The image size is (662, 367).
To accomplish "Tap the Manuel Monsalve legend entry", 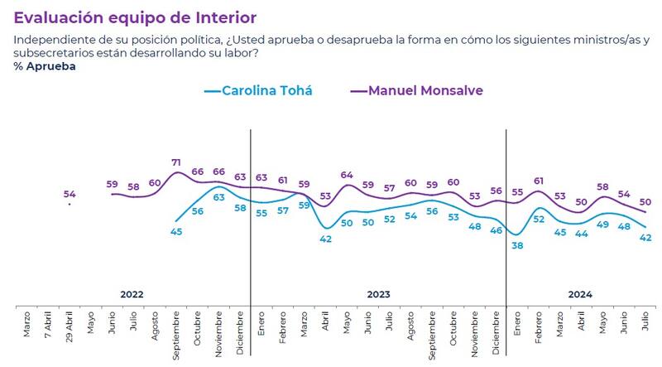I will coord(413,90).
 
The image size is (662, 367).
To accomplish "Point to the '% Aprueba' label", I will coord(44,67).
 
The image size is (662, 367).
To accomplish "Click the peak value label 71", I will coord(176,163).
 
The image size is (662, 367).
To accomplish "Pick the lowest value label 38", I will coord(518,245).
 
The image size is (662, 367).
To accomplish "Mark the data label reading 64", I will coord(347,176).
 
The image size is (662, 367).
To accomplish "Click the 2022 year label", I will coord(132,294).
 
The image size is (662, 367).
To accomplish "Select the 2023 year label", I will coord(378,294).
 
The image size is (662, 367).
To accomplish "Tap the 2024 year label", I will coord(580,294).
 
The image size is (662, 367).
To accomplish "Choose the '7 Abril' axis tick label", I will coord(49,325).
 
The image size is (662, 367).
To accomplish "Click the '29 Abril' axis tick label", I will coord(70,324).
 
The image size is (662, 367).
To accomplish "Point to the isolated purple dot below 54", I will coord(70,204).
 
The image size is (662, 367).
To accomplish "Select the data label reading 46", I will coord(496,231).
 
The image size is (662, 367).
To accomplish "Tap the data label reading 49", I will coord(603,225).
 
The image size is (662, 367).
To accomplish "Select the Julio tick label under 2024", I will coord(645,322).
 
